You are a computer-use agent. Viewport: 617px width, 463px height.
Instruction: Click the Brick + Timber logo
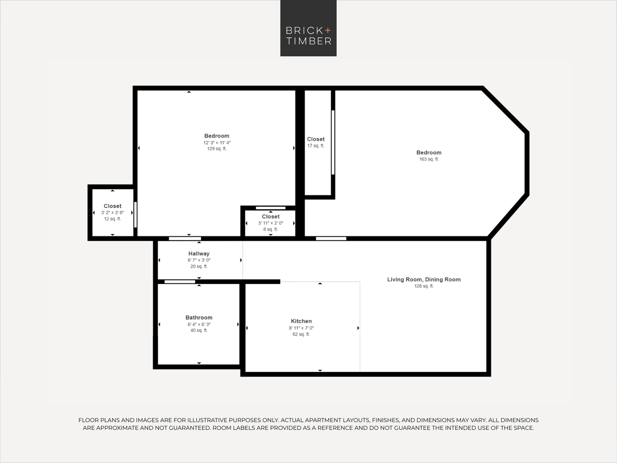click(x=308, y=28)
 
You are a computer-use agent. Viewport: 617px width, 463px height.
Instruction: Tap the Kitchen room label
click(x=301, y=321)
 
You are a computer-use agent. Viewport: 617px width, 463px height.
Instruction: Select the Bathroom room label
click(x=199, y=317)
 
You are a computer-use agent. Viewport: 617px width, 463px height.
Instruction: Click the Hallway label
click(x=199, y=254)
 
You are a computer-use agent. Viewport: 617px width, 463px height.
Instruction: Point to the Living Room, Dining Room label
click(x=424, y=279)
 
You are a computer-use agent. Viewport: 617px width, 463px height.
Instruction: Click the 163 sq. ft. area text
click(x=429, y=159)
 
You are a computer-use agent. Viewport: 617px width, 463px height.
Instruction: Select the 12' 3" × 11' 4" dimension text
click(x=216, y=143)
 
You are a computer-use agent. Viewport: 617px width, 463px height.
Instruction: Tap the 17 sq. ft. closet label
click(x=316, y=146)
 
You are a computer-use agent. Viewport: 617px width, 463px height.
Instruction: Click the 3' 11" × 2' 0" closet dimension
click(x=270, y=223)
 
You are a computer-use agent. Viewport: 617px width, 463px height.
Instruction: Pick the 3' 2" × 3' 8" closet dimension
click(x=112, y=213)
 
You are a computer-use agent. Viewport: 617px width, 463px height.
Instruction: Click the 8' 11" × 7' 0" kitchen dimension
click(x=301, y=328)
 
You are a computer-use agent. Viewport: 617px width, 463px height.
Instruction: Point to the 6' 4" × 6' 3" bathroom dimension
click(x=199, y=324)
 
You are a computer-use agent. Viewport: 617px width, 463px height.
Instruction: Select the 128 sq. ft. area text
click(x=424, y=286)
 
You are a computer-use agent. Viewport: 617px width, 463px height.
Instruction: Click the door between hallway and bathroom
click(x=180, y=281)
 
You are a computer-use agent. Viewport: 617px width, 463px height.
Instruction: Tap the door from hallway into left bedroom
click(x=185, y=238)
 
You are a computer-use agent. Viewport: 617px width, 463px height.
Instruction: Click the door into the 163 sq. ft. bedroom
click(x=331, y=238)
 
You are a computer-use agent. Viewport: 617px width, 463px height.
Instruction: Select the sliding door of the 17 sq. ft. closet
click(x=333, y=142)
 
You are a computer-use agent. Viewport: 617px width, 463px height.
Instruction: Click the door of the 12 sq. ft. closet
click(x=135, y=215)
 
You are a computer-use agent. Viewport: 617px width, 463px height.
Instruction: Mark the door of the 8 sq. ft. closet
click(x=270, y=208)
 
